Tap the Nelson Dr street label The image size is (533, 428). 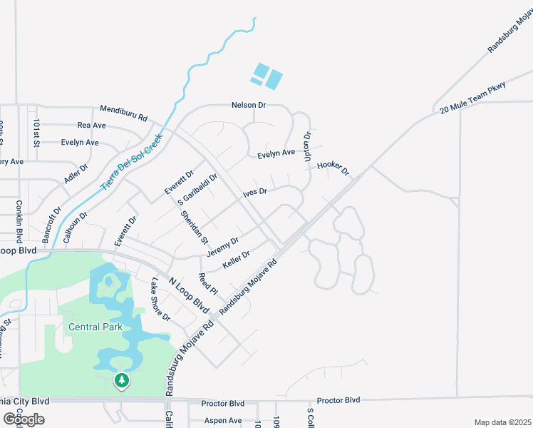[248, 105]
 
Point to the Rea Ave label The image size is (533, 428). [91, 126]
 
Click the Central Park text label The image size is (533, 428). [95, 327]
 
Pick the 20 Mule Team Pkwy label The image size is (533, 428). [472, 98]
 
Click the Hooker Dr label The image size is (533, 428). [333, 168]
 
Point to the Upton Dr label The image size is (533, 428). [308, 146]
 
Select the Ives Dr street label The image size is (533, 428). [254, 192]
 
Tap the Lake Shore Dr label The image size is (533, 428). [160, 300]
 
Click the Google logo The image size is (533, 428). [24, 419]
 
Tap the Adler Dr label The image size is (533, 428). [76, 173]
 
